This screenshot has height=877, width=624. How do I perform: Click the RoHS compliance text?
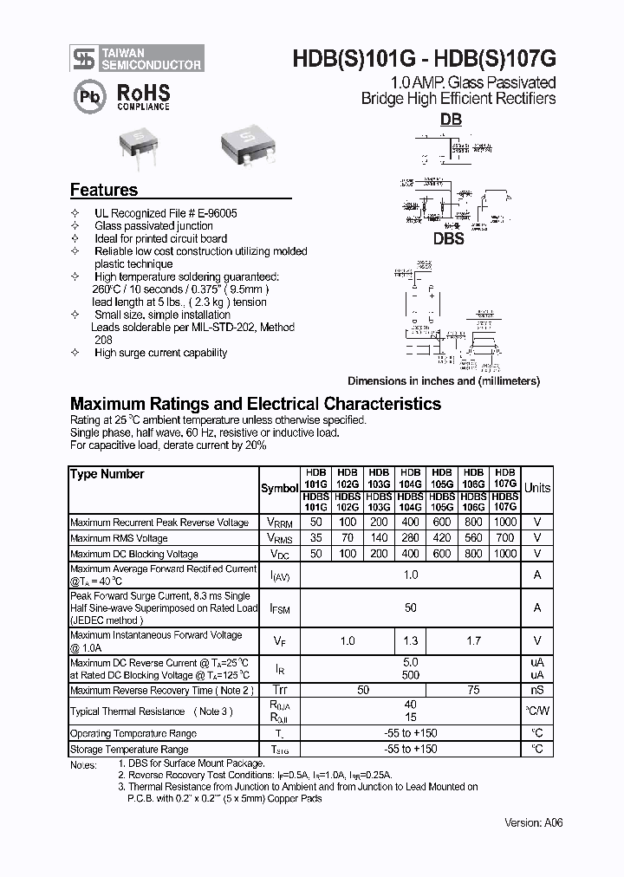tap(143, 96)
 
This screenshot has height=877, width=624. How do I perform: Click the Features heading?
tap(103, 190)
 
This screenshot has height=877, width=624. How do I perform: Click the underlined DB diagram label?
tap(451, 120)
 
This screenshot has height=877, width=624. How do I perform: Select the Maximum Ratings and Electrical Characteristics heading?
tap(255, 404)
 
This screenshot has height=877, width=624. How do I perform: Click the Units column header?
tap(536, 488)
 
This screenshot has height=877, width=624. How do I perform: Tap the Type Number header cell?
tap(107, 474)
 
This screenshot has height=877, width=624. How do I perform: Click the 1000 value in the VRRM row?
tap(504, 523)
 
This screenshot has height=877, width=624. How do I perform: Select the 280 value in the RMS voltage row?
tap(411, 538)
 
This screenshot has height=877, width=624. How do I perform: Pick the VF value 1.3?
tap(411, 640)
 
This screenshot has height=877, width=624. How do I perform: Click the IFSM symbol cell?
tap(279, 609)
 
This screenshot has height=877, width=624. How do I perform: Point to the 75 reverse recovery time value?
tap(473, 690)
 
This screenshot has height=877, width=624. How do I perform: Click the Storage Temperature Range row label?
tap(129, 749)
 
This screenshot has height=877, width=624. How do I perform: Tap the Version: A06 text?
tap(533, 822)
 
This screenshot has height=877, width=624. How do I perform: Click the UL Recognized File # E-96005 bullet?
tap(166, 213)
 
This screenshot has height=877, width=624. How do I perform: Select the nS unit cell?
tap(536, 690)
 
